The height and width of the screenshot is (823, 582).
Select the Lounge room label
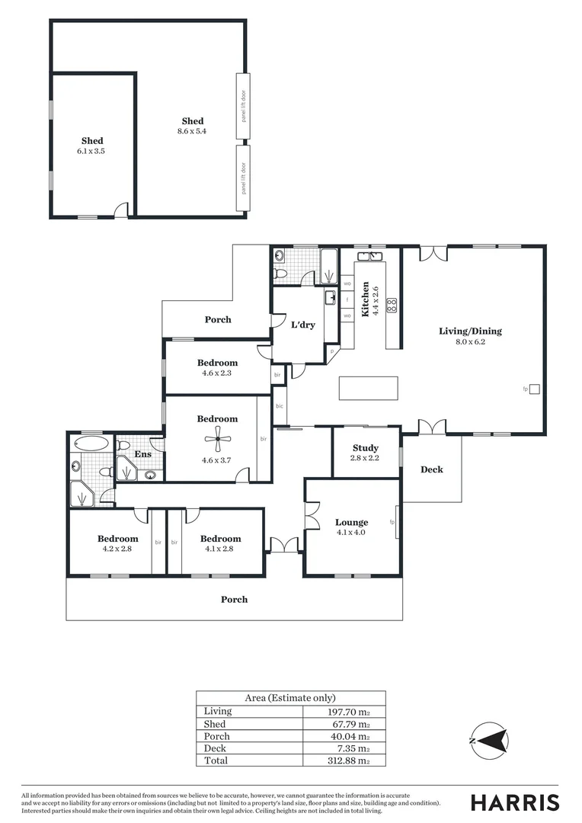[351, 522]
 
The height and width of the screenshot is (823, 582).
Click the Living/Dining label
[470, 331]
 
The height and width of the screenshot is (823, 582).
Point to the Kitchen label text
[366, 299]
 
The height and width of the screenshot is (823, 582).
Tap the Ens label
[143, 455]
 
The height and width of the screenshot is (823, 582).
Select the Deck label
[431, 469]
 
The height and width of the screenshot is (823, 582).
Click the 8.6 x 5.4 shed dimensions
[192, 131]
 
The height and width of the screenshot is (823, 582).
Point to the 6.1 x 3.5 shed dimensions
[92, 151]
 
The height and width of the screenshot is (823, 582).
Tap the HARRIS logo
[514, 802]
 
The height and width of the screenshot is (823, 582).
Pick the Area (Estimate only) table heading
[289, 697]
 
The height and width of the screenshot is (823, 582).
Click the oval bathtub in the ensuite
[91, 444]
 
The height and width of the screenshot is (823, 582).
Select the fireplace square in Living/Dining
[534, 389]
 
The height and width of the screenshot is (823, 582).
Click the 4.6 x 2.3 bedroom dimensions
[217, 373]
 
